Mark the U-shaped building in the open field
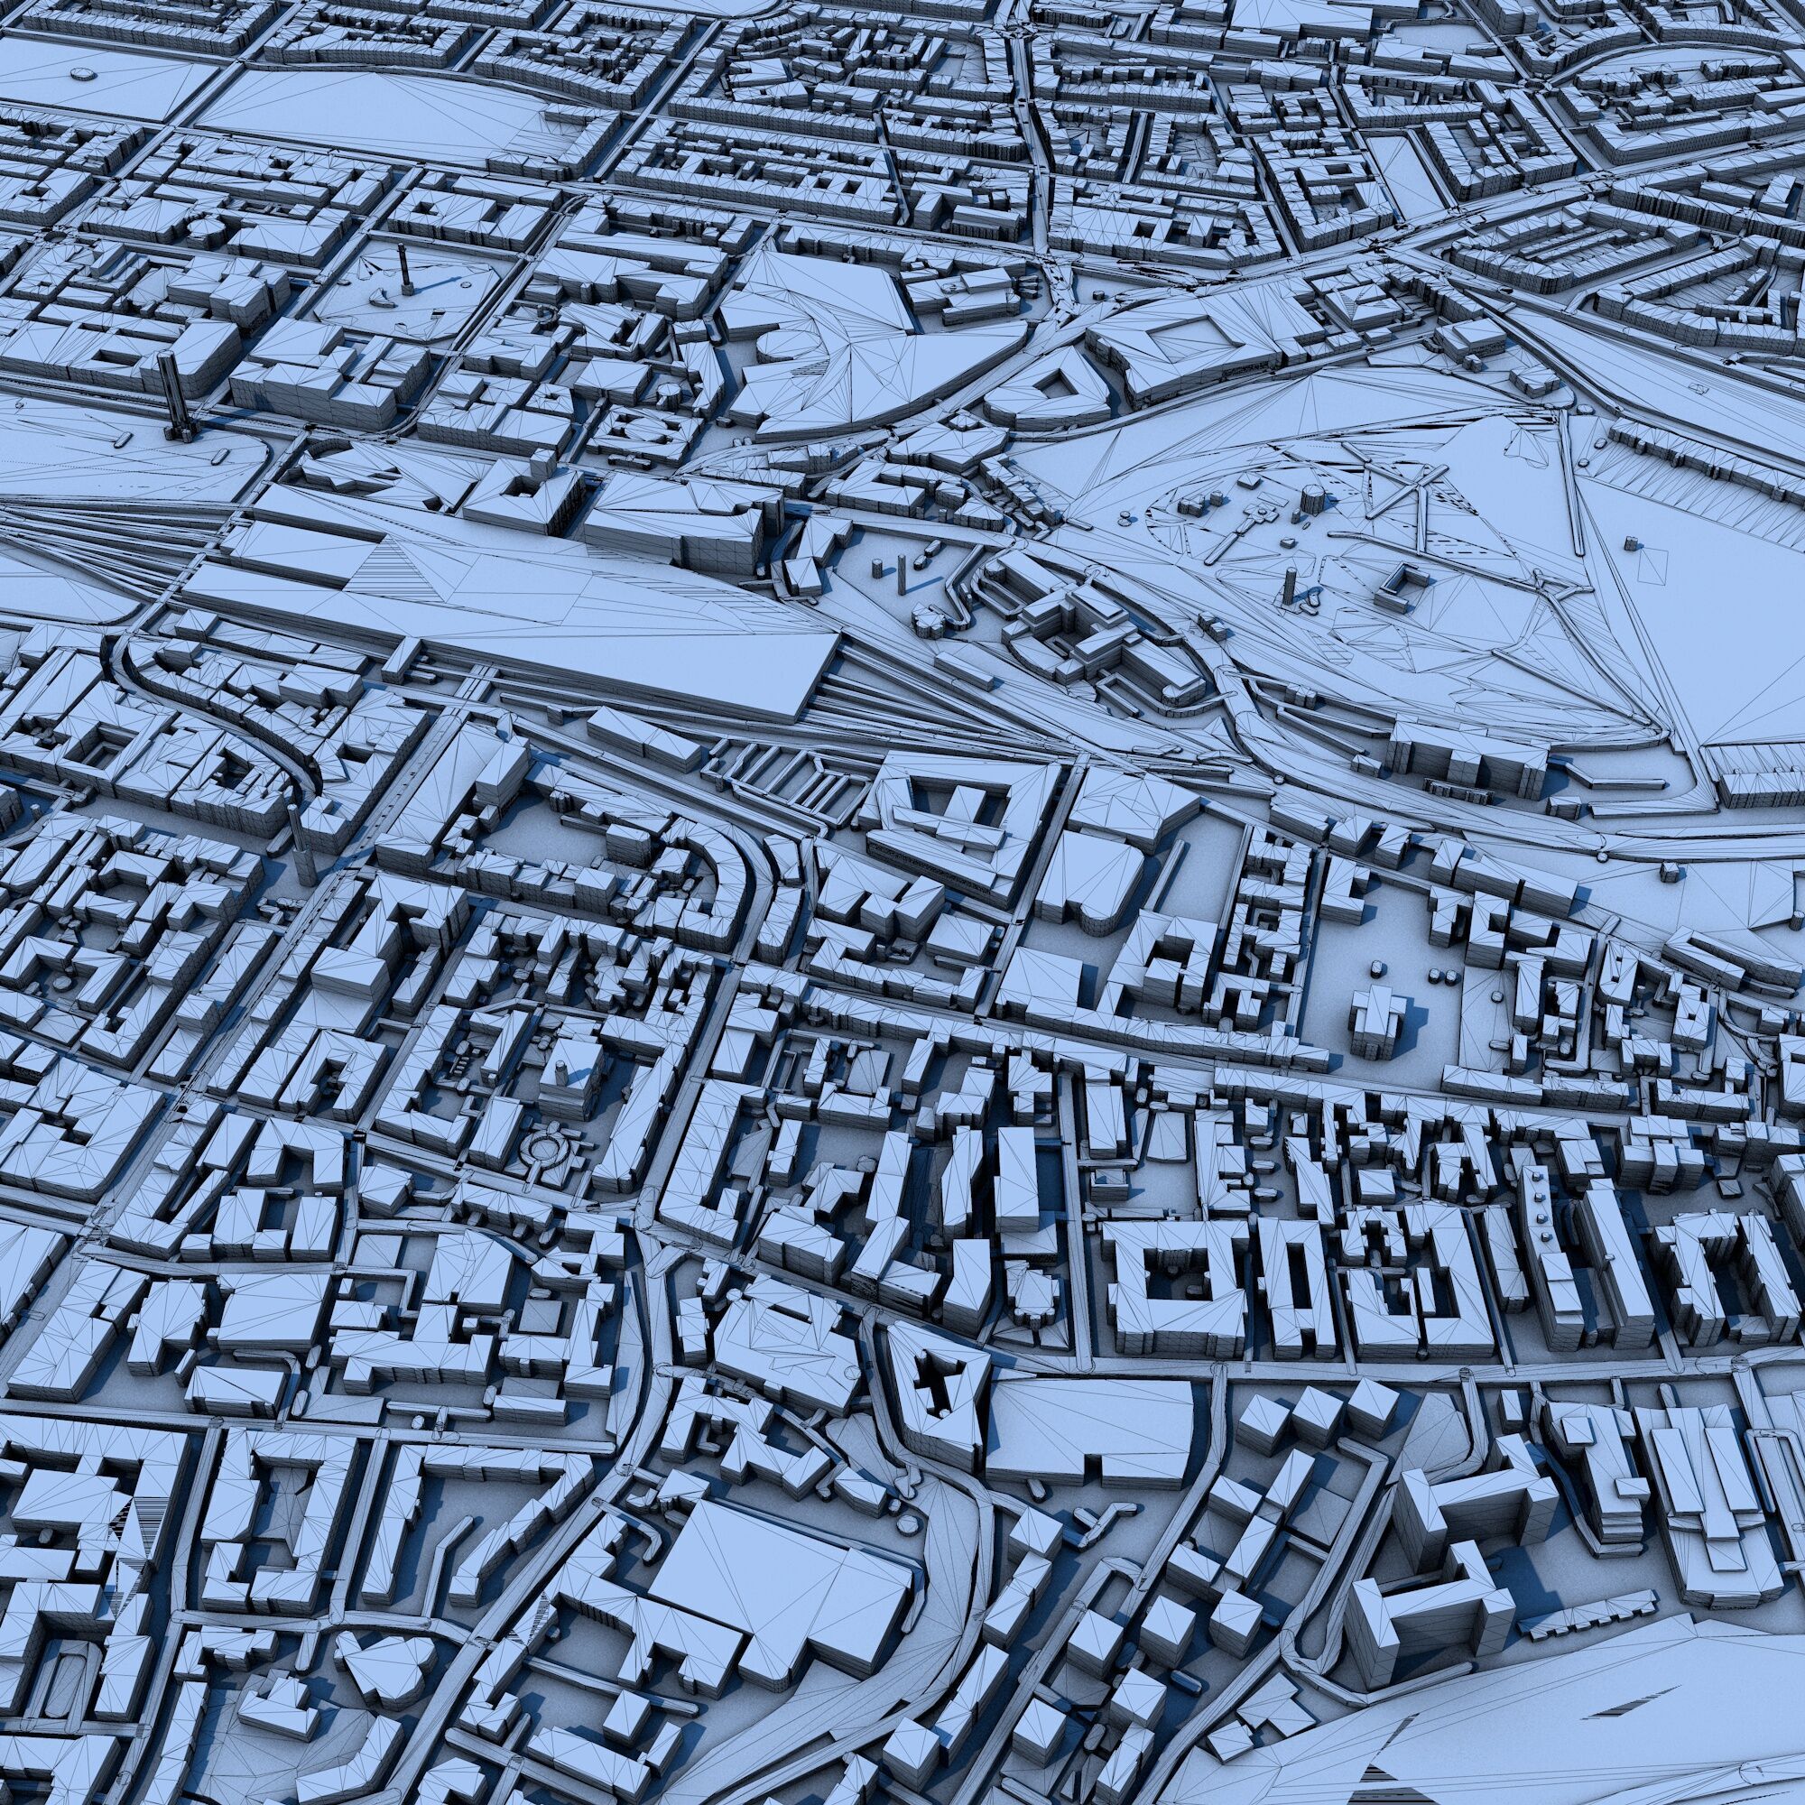pyautogui.click(x=1402, y=588)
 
